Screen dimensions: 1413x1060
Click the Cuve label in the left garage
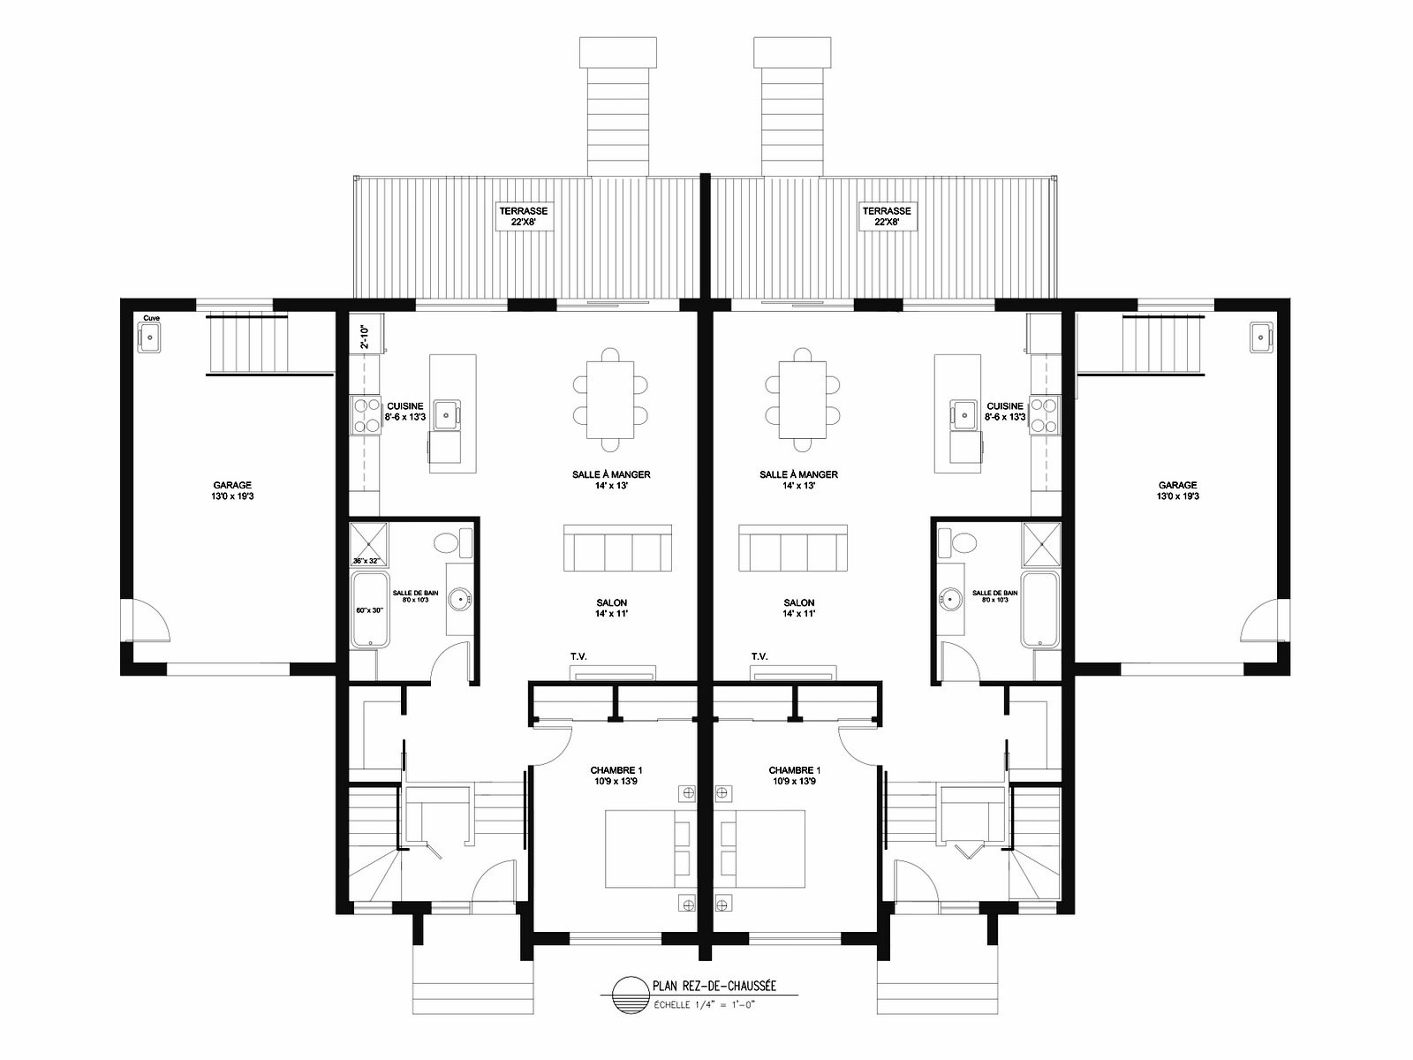[151, 318]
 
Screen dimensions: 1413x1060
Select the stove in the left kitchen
[365, 415]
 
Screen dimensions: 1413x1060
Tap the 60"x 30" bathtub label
[369, 610]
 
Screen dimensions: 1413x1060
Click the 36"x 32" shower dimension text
[366, 561]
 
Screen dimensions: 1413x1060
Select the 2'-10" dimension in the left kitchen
[364, 337]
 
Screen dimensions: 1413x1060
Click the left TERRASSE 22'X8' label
[524, 216]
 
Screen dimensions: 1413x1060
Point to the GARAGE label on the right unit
[1177, 485]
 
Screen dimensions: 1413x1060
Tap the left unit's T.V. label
[578, 656]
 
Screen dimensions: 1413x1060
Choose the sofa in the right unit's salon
[792, 548]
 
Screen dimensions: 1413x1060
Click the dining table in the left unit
[609, 399]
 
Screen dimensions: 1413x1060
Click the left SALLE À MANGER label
[611, 474]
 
